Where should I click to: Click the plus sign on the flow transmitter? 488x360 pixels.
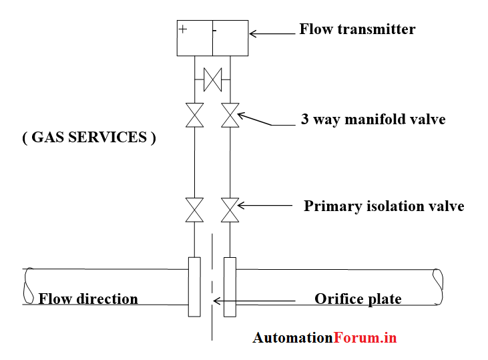182,29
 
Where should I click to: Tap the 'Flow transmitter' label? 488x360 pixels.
357,29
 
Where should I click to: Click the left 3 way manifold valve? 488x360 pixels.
194,115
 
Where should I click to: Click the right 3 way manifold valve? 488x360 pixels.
230,115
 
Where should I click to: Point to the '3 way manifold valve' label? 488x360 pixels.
373,120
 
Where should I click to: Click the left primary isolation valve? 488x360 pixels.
194,210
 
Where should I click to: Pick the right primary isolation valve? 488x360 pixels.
230,210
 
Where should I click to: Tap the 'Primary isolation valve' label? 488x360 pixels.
384,206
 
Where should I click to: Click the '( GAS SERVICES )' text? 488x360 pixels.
89,138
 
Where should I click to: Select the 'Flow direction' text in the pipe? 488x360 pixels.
88,299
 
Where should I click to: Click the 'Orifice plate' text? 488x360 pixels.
358,299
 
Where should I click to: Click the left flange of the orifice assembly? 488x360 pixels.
194,287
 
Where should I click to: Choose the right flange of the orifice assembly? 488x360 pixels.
230,287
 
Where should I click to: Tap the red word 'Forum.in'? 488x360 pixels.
365,338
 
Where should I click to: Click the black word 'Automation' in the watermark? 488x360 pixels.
292,338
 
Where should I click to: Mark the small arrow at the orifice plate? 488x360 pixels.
216,302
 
